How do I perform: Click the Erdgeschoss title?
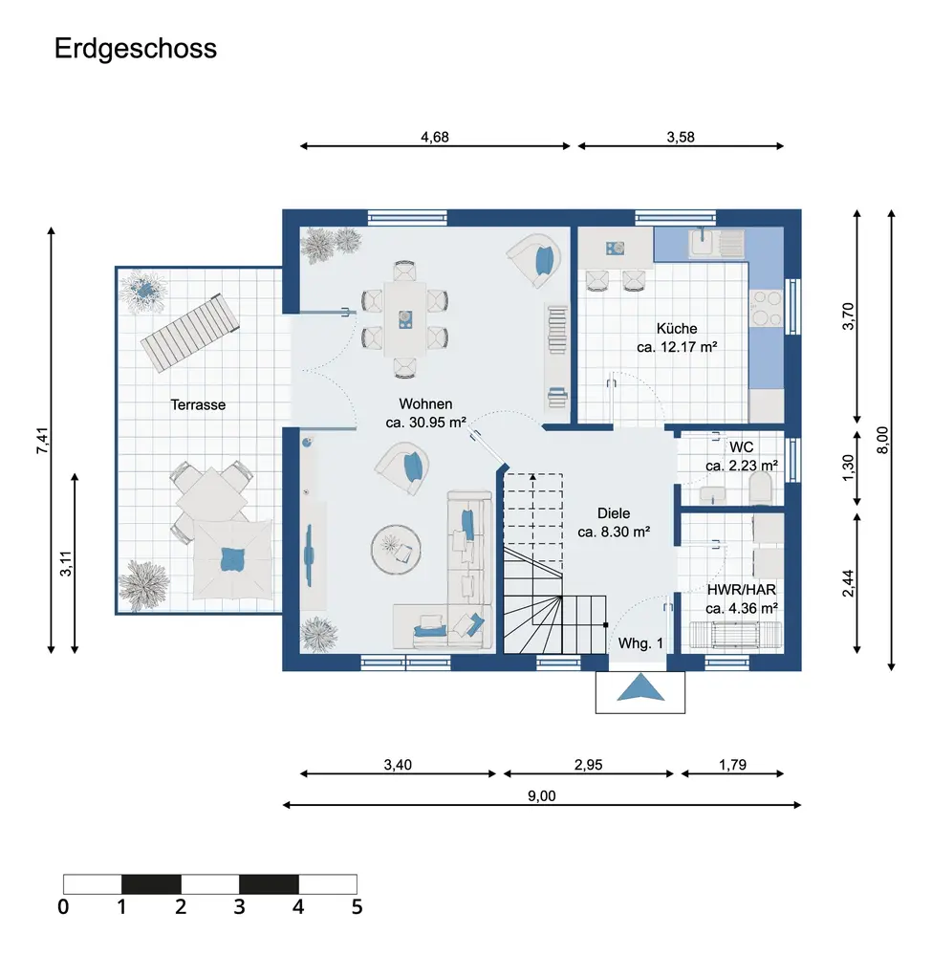[136, 49]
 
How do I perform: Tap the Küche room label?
[677, 329]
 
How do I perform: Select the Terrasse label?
[198, 404]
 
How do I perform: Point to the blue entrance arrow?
[640, 687]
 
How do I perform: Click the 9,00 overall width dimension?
[542, 796]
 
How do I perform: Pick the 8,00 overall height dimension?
[882, 440]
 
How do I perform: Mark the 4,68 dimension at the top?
[435, 137]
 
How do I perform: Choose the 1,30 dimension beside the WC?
[848, 467]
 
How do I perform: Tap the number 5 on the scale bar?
[358, 906]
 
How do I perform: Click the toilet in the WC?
[760, 489]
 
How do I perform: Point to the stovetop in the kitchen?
[767, 309]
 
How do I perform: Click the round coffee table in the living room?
[396, 550]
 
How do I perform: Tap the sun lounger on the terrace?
[189, 333]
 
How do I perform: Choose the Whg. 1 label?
[640, 643]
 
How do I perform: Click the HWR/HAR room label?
[741, 590]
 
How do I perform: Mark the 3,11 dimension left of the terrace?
[66, 563]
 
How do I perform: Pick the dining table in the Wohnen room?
[404, 319]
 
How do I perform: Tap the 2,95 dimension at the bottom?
[588, 765]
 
